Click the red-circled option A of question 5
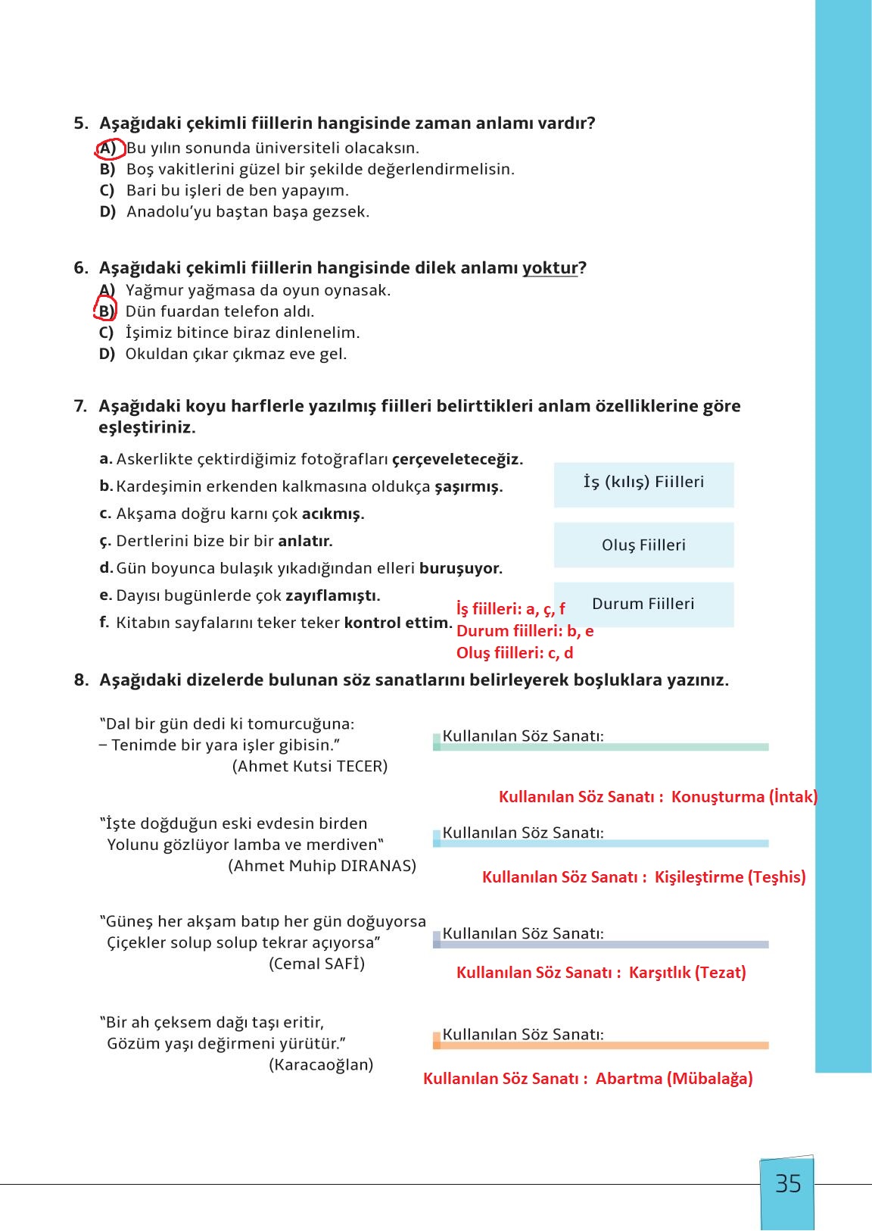click(x=108, y=148)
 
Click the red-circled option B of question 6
click(x=106, y=311)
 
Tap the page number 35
click(x=788, y=1184)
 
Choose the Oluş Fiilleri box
click(x=643, y=545)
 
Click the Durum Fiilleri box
click(x=643, y=605)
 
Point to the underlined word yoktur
click(x=550, y=268)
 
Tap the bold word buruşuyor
click(x=461, y=568)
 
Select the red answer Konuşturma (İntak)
click(x=744, y=797)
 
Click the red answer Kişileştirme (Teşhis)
click(x=730, y=877)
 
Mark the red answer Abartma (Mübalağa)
click(x=674, y=1079)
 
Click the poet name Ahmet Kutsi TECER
click(x=310, y=766)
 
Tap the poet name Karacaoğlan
click(x=321, y=1064)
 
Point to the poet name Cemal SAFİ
click(x=316, y=964)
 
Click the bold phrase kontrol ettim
click(x=397, y=623)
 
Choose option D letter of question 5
click(x=107, y=212)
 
